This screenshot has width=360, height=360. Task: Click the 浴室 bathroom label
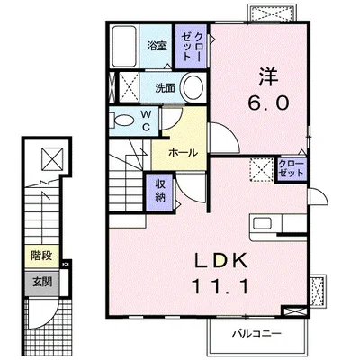point(157,47)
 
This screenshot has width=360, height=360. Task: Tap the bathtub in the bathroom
point(124,47)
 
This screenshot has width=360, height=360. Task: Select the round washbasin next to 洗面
point(193,87)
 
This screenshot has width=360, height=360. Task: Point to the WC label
point(146,121)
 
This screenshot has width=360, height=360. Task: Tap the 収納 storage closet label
point(160,191)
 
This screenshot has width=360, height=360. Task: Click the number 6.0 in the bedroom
point(268,103)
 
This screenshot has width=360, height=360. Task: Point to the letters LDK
point(221,260)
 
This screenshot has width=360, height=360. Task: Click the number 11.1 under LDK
point(221,286)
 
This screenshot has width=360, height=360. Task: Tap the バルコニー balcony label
point(257,334)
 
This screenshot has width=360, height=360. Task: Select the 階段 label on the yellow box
point(41,256)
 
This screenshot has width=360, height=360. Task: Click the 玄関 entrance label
point(42,282)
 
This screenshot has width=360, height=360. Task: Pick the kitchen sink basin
point(263,223)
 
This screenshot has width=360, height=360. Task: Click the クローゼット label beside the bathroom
point(192,47)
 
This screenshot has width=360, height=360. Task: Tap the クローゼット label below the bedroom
point(291,168)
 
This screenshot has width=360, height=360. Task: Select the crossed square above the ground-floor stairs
point(52,158)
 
